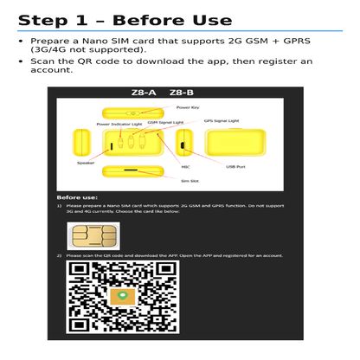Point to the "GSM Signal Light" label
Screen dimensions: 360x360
(x=165, y=123)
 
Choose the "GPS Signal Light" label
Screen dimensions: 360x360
(x=220, y=123)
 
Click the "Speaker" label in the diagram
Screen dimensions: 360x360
(x=85, y=163)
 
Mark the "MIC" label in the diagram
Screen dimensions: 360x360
(x=185, y=166)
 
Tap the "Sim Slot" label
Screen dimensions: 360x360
(x=190, y=181)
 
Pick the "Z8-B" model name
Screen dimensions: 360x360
(x=182, y=93)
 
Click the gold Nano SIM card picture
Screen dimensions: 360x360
(x=93, y=235)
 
